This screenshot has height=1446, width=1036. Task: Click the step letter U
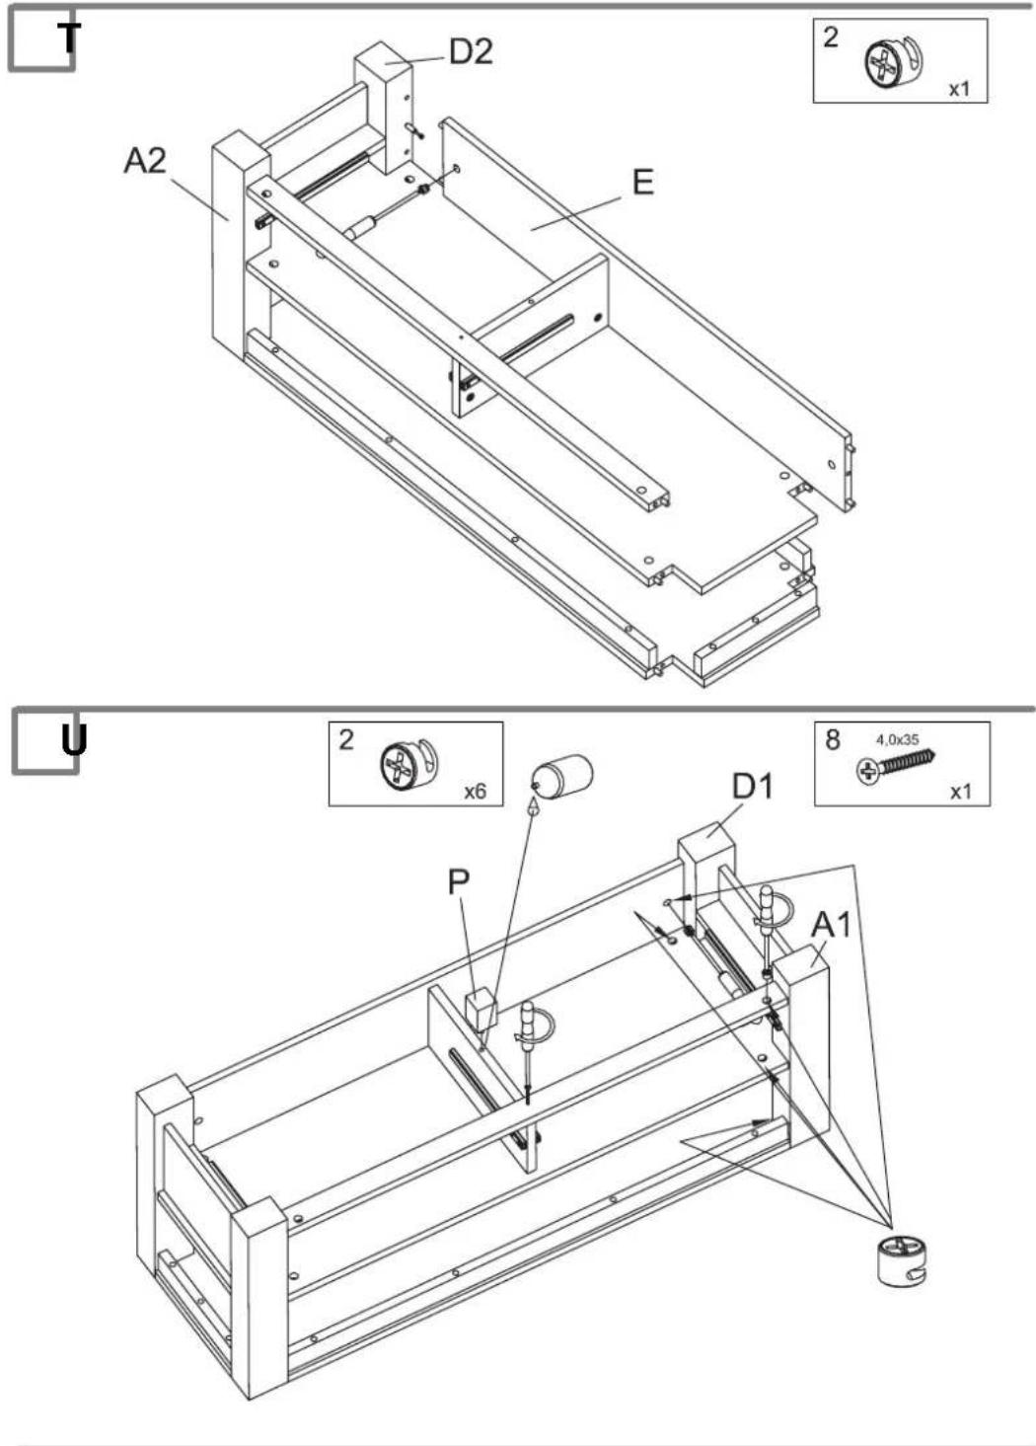click(74, 741)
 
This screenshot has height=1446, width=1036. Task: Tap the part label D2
click(472, 51)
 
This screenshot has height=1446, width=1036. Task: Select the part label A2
click(145, 160)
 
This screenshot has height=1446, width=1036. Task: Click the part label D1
click(753, 787)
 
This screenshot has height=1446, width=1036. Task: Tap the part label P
click(459, 883)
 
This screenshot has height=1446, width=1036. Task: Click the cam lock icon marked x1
click(894, 61)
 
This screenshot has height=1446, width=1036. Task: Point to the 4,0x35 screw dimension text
click(897, 740)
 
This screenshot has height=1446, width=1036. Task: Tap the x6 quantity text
click(475, 791)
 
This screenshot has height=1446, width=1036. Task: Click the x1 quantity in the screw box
click(960, 792)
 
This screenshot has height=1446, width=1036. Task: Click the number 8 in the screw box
click(833, 740)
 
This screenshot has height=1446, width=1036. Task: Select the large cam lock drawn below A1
click(903, 1261)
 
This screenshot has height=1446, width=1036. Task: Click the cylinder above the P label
click(561, 775)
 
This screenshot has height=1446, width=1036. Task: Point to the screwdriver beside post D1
click(771, 930)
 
